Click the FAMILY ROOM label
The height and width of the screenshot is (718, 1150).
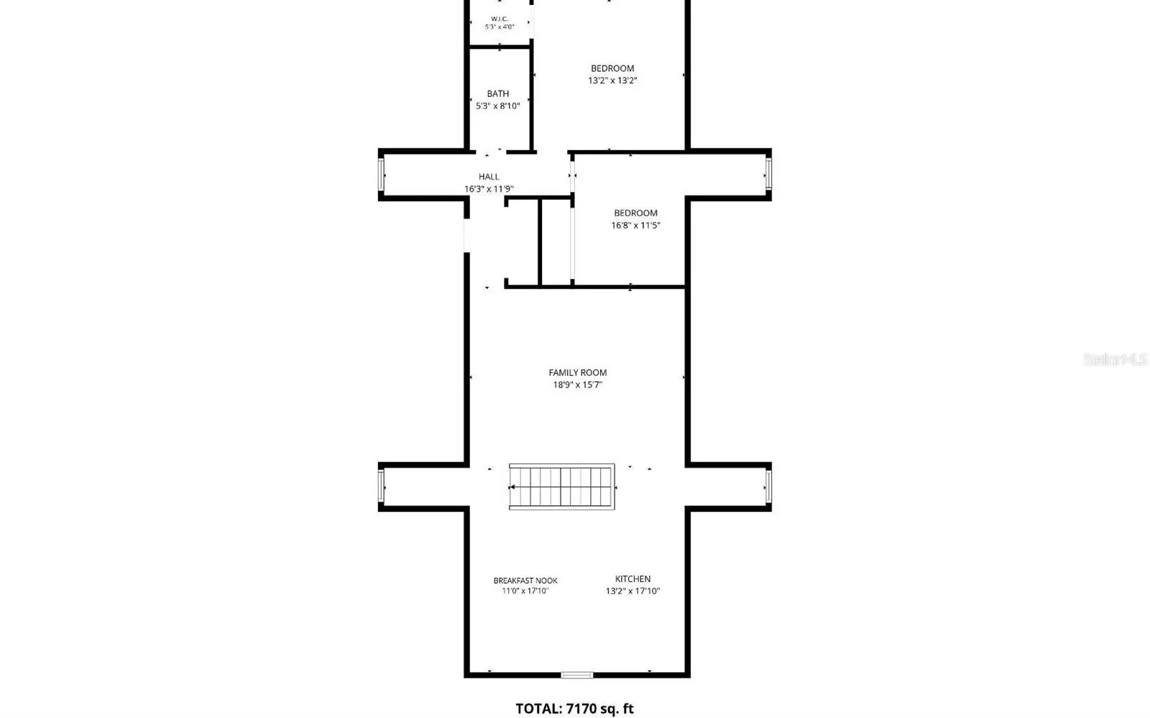(x=578, y=372)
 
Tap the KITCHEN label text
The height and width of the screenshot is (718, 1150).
(x=632, y=579)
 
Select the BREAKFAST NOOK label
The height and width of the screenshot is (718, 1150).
(x=525, y=581)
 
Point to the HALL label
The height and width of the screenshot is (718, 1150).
(x=489, y=177)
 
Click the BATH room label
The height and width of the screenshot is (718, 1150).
(x=498, y=94)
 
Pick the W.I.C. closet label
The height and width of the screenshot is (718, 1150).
(x=500, y=19)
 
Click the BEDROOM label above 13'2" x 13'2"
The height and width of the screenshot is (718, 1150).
(x=612, y=68)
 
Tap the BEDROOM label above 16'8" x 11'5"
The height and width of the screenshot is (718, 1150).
(x=635, y=213)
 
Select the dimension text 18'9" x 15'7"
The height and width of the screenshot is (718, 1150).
(x=578, y=385)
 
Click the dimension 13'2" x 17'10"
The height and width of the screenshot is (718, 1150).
(x=632, y=592)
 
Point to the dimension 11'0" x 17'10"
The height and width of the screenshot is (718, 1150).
(x=525, y=592)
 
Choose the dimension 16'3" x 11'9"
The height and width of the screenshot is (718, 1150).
(x=489, y=189)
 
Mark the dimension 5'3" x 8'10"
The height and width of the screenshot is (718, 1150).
(x=498, y=106)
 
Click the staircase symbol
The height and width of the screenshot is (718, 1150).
(x=561, y=487)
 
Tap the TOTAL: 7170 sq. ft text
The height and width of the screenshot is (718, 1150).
(x=574, y=709)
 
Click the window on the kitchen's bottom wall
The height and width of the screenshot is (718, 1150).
(x=577, y=675)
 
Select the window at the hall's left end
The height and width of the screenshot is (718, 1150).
(x=381, y=175)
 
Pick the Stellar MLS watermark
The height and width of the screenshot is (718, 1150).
(x=1115, y=359)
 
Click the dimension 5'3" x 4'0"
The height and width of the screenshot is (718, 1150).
(x=500, y=27)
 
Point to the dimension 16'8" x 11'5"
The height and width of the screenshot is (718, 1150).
(x=635, y=225)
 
